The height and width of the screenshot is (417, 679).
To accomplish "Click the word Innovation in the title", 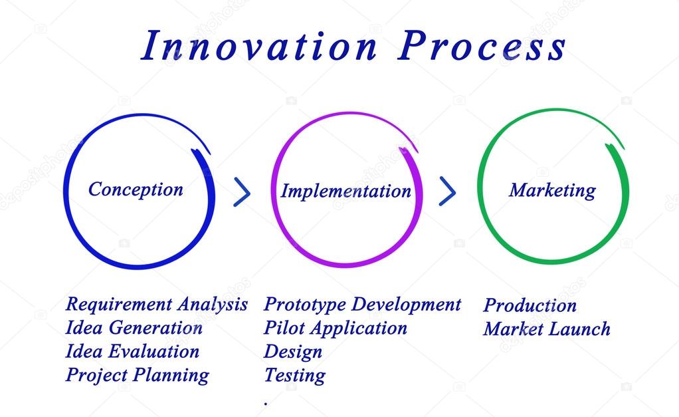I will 259,47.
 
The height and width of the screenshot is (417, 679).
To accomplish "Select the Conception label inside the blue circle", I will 136,190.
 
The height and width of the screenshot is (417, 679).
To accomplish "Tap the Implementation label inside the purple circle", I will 345,192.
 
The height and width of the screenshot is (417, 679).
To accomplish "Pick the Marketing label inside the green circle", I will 552,190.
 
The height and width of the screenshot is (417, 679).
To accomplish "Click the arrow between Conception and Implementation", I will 242,192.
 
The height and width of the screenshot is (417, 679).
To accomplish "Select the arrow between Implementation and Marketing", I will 448,192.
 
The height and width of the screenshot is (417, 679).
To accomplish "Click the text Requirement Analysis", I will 156,305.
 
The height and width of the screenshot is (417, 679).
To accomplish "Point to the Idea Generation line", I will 134,328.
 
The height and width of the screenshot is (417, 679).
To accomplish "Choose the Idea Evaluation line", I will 132,351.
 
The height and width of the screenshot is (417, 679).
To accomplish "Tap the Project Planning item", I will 137,375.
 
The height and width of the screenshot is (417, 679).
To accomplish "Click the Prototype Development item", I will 362,305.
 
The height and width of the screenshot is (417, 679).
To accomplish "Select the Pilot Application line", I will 335,328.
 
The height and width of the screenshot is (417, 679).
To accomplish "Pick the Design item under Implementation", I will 292,352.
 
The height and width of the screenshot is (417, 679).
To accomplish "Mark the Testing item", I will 294,375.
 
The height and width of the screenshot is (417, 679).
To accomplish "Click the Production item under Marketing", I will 530,305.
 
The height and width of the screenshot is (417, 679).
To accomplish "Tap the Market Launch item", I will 546,329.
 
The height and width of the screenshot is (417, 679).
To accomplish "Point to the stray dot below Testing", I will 266,403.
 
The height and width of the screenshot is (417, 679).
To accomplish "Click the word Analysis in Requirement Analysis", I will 211,305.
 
